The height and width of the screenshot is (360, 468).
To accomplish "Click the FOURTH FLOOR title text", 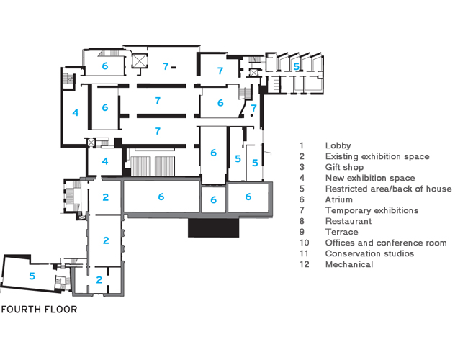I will point(39,311).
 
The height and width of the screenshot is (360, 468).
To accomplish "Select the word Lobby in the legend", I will point(338,145).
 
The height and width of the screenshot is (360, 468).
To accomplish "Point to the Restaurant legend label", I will point(348,221).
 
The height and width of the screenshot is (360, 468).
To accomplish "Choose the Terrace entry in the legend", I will point(341,232).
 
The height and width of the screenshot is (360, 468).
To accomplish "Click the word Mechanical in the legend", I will point(349,264).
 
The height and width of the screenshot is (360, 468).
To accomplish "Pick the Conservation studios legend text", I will point(369,253).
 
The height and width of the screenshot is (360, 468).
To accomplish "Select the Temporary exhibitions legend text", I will point(372,210).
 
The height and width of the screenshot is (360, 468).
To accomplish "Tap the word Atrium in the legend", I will point(339,199).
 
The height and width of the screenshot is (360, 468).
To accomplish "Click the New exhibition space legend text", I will point(369,178).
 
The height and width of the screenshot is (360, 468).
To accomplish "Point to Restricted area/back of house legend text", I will point(388,189).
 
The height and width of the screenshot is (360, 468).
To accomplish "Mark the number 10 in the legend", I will point(304,243).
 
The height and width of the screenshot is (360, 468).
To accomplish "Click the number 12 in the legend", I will point(304,264).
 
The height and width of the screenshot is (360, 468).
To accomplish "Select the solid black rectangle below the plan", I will point(213,227).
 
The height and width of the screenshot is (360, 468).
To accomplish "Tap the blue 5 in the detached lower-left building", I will point(32,276).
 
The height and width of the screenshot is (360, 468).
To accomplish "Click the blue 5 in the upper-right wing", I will point(296,66).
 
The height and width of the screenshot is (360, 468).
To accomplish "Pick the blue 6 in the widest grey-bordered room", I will point(161,197).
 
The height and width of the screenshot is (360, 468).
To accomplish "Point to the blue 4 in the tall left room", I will point(75,113).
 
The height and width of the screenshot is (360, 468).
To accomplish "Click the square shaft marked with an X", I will point(138,61).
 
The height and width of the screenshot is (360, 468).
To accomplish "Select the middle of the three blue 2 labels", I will point(106,240).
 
